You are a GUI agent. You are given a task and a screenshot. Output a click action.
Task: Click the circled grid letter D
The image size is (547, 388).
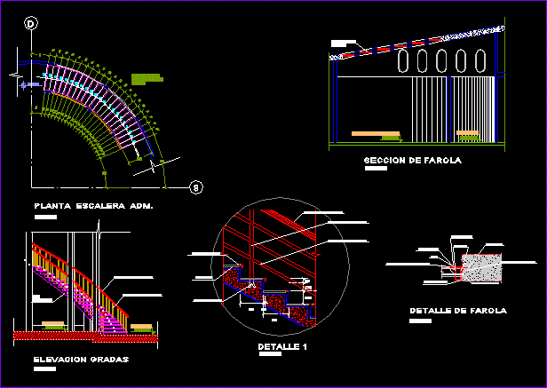[x=30, y=24]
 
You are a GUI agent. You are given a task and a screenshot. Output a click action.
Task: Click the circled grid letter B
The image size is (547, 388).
[x=197, y=186]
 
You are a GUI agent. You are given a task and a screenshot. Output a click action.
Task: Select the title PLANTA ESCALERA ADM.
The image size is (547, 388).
[x=93, y=206]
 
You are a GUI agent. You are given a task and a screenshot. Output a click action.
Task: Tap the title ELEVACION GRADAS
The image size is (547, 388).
[x=81, y=360]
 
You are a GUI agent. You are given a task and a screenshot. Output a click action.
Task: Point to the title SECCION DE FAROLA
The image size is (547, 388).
[x=413, y=161]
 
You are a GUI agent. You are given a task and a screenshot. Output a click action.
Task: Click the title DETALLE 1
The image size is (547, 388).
[x=281, y=345]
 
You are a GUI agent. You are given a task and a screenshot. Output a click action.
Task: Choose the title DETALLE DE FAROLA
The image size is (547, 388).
[x=458, y=311]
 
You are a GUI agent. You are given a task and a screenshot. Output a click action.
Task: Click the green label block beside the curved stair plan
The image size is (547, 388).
[x=147, y=79]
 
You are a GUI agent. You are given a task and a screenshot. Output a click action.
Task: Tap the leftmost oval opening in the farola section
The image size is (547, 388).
[x=404, y=61]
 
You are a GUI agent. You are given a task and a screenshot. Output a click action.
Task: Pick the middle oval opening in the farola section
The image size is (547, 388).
[x=443, y=61]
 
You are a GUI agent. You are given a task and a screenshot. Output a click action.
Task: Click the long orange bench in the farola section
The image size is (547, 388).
[x=376, y=134]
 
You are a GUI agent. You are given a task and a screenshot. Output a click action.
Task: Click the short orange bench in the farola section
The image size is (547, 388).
[x=467, y=134]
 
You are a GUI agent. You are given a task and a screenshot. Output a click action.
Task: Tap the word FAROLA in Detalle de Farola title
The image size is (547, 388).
[x=488, y=311]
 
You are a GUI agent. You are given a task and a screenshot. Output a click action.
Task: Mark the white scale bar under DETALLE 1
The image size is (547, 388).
[x=269, y=355]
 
